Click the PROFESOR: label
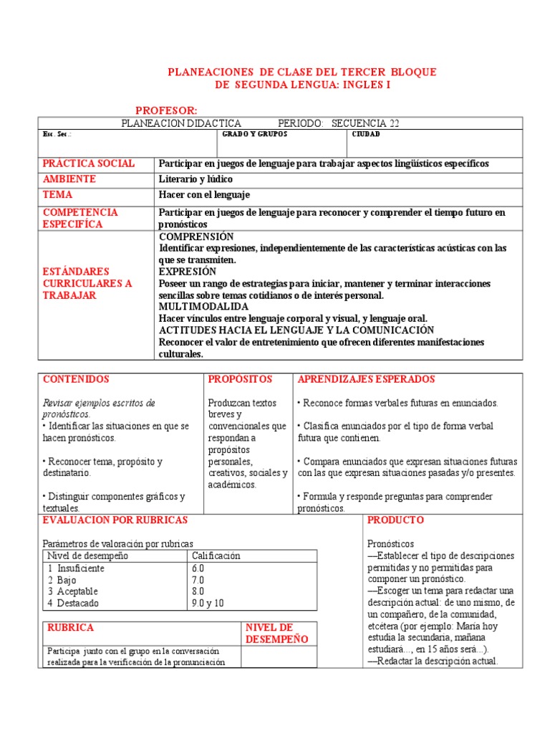[166, 110]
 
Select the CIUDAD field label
[366, 134]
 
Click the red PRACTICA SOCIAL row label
[89, 163]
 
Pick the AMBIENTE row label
[69, 179]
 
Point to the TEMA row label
[58, 195]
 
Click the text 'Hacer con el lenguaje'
[204, 195]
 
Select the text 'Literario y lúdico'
[196, 179]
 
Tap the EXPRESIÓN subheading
[187, 272]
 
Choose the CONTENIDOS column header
[76, 379]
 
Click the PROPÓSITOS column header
[241, 379]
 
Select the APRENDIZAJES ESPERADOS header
[366, 379]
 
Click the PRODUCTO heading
[395, 520]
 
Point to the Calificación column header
[216, 556]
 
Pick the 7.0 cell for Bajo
[198, 580]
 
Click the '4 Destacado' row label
[74, 603]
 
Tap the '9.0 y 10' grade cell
[208, 603]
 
